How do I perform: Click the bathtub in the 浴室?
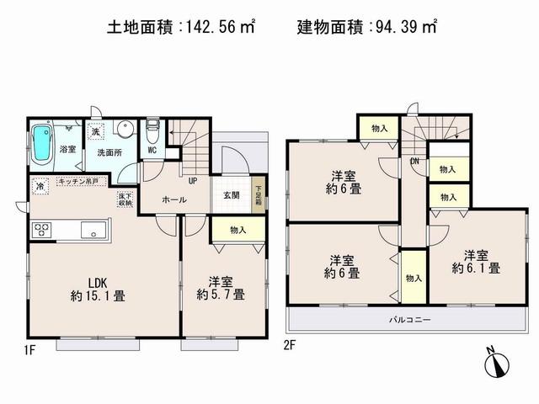(42, 146)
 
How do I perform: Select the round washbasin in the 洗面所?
(123, 130)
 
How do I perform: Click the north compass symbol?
(495, 364)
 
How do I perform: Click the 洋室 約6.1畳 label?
(476, 263)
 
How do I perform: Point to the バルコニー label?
(410, 320)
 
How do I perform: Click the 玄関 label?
(232, 195)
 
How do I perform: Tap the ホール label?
(173, 200)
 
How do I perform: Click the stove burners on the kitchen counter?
(43, 229)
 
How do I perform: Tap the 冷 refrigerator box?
(40, 186)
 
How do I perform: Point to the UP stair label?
(193, 180)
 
